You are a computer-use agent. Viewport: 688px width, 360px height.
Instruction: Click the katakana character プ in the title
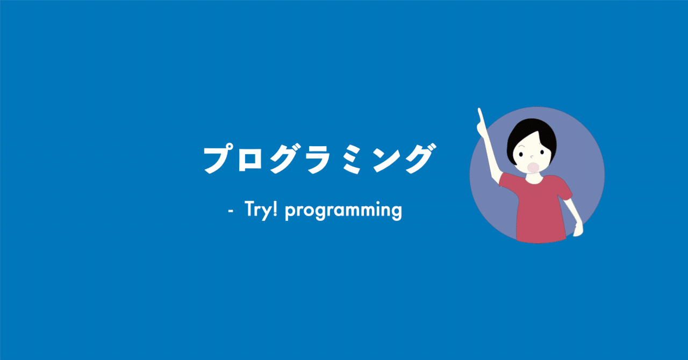(219, 159)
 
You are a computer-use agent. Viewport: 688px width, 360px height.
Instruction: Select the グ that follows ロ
(284, 159)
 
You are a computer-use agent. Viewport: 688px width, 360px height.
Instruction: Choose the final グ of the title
(417, 159)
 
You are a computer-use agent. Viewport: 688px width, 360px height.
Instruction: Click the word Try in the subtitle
(256, 209)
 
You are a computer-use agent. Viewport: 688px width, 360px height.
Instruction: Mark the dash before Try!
(231, 211)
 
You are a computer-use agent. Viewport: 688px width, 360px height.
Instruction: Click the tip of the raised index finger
(479, 110)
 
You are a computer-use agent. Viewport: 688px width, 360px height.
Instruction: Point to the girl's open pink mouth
(532, 167)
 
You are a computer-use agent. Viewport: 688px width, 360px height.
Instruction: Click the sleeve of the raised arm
(507, 182)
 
